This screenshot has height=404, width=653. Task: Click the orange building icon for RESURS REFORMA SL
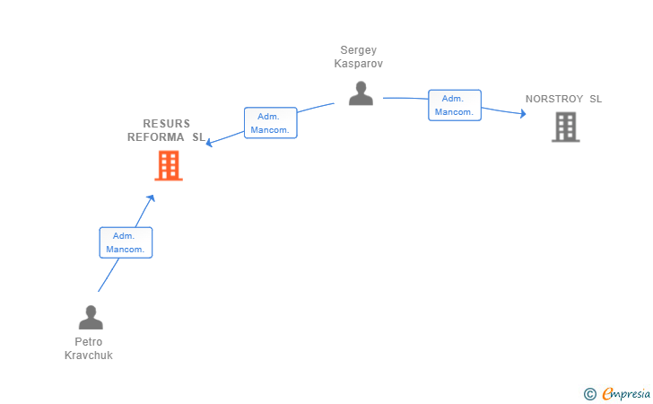pos(169,165)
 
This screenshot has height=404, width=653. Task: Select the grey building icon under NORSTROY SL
pos(565,127)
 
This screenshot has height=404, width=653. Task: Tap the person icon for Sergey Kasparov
pos(361,93)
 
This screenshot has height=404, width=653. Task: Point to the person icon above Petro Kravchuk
pos(91,317)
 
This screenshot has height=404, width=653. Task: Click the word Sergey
pos(359,50)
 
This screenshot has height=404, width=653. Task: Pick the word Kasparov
pos(359,64)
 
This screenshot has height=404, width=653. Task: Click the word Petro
pos(88,342)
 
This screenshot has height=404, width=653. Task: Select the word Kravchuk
pos(88,356)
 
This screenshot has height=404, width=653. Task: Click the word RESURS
pos(167,124)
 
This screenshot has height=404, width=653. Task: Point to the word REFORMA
pos(156,137)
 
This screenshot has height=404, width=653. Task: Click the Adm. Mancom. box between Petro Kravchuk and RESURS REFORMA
pos(126,242)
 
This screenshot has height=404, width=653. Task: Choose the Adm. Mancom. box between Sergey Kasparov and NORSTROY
pos(455,105)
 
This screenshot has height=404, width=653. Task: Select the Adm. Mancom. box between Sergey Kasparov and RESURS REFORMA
pos(271,123)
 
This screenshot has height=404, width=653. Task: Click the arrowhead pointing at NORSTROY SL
pos(523,113)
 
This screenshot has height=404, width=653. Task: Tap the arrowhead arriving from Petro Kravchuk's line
pos(152,198)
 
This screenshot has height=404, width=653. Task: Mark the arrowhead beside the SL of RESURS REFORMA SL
pos(210,143)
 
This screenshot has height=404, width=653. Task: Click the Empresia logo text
pos(626,393)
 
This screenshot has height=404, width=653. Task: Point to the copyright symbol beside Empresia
pos(590,394)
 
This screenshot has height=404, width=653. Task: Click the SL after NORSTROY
pos(596,99)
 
